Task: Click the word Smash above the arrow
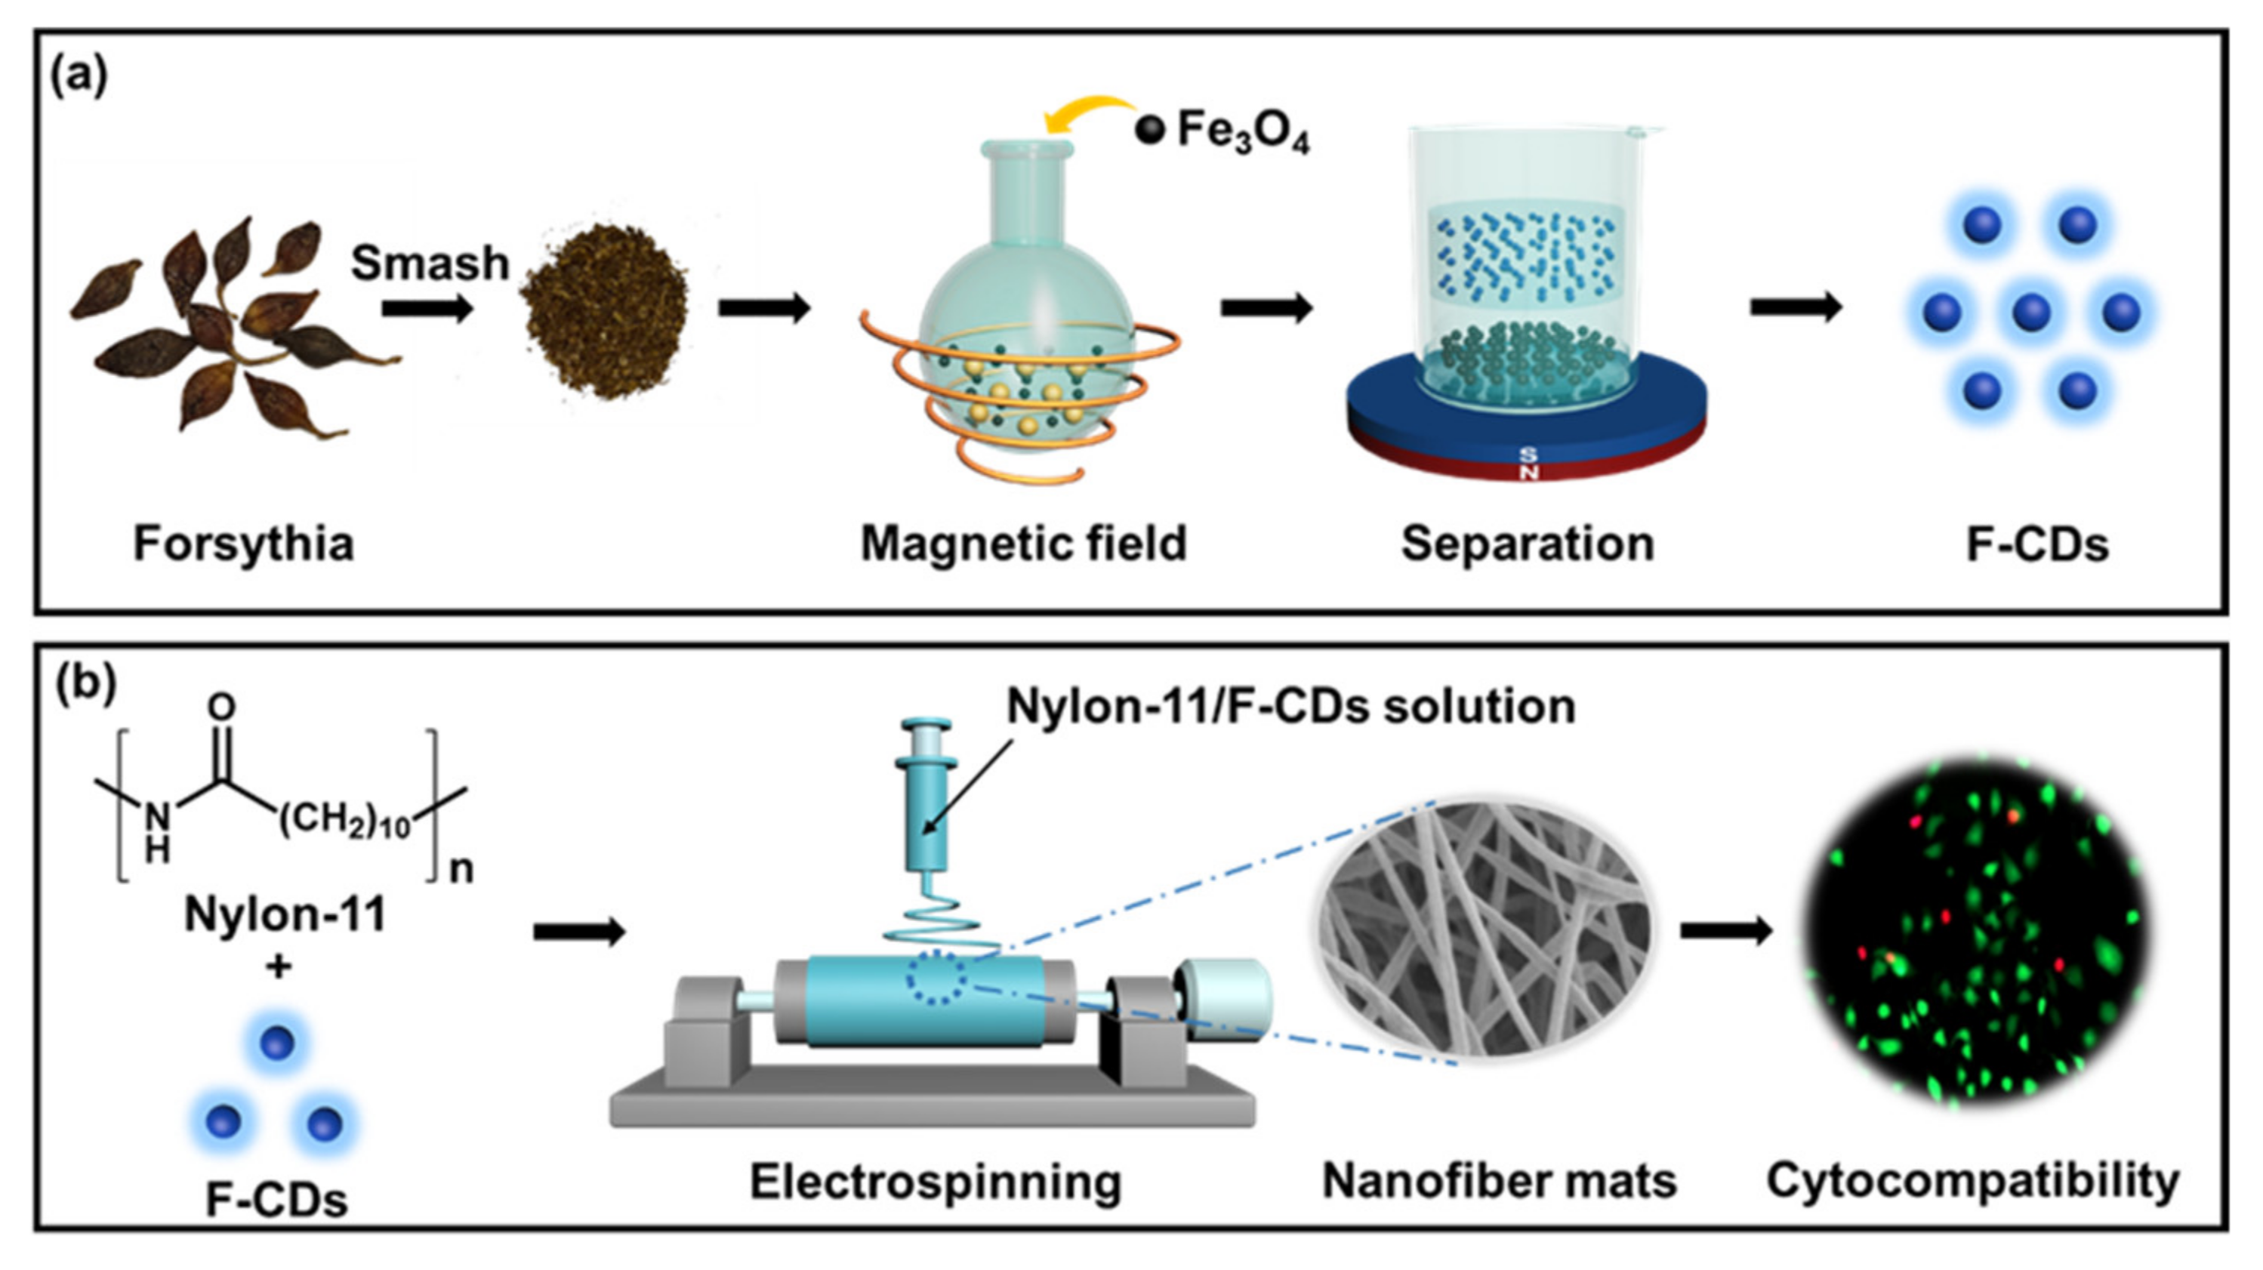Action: tap(430, 263)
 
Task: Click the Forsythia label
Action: tap(243, 544)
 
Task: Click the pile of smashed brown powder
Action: tap(606, 307)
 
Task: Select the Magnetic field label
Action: tap(1023, 544)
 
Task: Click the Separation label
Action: tap(1527, 544)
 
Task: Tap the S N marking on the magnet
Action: tap(1528, 463)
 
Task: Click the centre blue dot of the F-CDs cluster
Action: tap(2031, 312)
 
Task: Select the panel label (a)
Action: tap(79, 76)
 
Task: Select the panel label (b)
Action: tap(85, 684)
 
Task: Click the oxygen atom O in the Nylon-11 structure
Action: tap(221, 707)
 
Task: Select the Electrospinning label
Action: tap(935, 1182)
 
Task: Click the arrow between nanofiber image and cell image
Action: tap(1725, 931)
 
